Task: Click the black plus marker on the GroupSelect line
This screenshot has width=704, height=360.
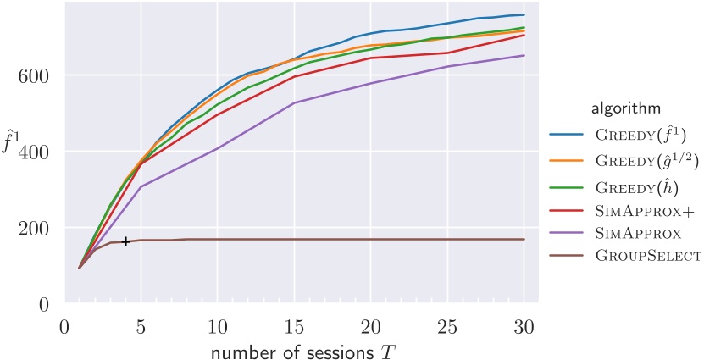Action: [x=125, y=241]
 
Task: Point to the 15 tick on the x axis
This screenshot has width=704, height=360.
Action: [x=294, y=326]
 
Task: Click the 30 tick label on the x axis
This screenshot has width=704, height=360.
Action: [x=524, y=326]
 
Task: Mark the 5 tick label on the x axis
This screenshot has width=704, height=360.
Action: [x=141, y=326]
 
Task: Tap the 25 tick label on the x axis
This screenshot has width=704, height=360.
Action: [x=447, y=326]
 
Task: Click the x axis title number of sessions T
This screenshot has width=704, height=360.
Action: [x=294, y=347]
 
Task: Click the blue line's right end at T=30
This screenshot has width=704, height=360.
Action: [x=524, y=14]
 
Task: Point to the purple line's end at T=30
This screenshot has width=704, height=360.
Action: [x=524, y=56]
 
